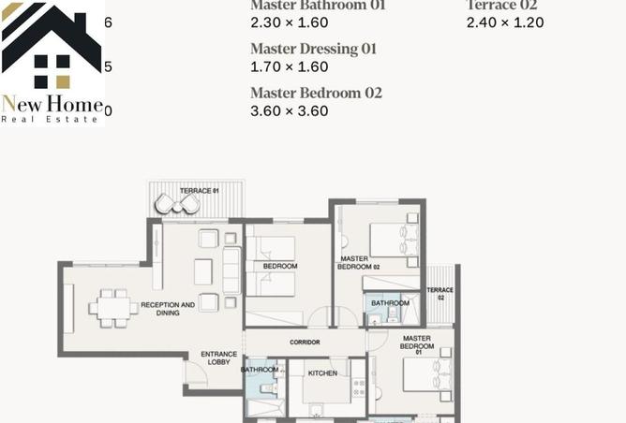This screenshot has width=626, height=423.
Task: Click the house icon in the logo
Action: [52, 47]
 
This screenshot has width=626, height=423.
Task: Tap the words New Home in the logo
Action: [52, 104]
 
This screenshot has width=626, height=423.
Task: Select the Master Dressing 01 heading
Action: [313, 49]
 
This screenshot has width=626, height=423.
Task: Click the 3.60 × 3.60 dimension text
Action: [289, 111]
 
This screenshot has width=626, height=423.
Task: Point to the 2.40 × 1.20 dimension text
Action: [504, 22]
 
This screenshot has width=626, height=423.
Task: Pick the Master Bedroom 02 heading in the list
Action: [316, 93]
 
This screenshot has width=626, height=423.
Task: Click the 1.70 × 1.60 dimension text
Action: [289, 67]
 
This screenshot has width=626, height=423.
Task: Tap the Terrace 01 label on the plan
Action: [199, 191]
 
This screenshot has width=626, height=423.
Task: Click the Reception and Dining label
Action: [168, 309]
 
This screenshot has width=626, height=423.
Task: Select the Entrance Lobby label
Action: [218, 357]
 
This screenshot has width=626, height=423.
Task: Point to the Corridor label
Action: [305, 343]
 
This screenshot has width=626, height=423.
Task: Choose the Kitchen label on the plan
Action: [322, 373]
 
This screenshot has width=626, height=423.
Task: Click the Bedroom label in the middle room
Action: [280, 267]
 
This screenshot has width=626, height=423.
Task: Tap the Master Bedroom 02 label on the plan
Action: [360, 263]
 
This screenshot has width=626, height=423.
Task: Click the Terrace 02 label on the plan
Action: [440, 294]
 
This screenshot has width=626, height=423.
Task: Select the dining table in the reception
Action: [112, 308]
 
